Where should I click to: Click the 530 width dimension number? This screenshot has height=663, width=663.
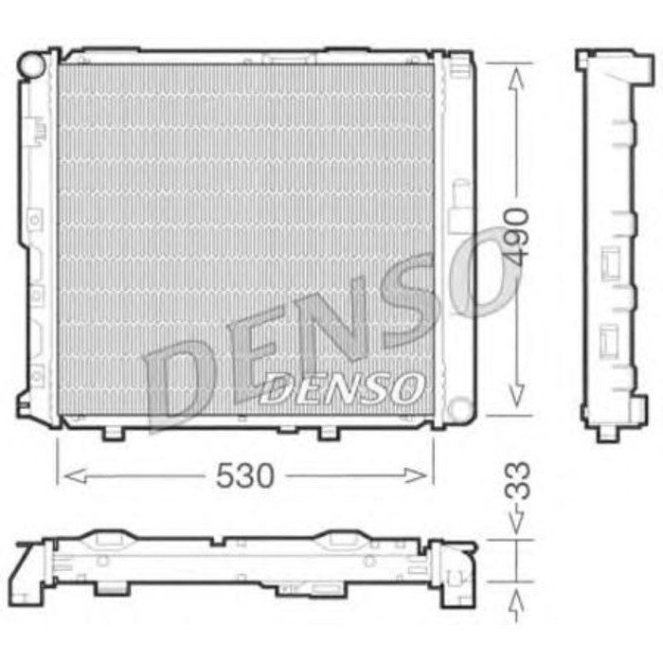(x=244, y=476)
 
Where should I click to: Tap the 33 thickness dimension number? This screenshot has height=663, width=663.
(x=516, y=484)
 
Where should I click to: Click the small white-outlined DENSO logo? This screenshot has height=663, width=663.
(x=342, y=386)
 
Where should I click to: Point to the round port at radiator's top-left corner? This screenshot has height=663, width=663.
(x=32, y=64)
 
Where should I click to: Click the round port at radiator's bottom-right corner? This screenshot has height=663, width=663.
(x=460, y=410)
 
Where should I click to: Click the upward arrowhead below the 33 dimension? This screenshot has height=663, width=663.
(x=515, y=597)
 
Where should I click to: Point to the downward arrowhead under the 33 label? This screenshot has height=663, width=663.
(x=515, y=524)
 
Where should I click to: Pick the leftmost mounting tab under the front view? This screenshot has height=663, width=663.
(x=113, y=434)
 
